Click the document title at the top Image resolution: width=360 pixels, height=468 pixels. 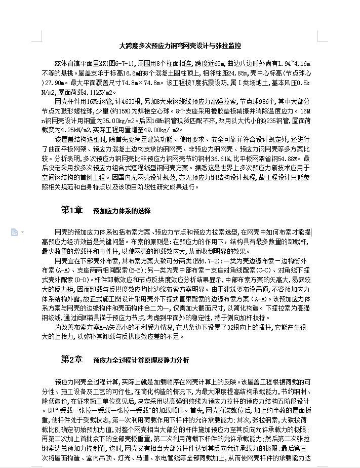[x=180, y=46]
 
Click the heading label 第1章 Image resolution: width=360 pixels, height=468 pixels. [x=72, y=210]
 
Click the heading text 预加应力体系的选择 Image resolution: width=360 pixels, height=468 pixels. [x=122, y=210]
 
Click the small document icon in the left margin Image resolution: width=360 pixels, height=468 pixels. [x=14, y=232]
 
